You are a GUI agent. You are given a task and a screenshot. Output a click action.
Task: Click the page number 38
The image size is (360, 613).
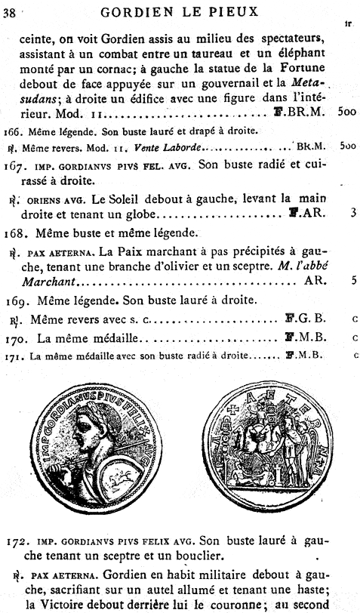pos(12,11)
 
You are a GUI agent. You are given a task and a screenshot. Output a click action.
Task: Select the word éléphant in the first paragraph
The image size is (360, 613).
pos(307,53)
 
